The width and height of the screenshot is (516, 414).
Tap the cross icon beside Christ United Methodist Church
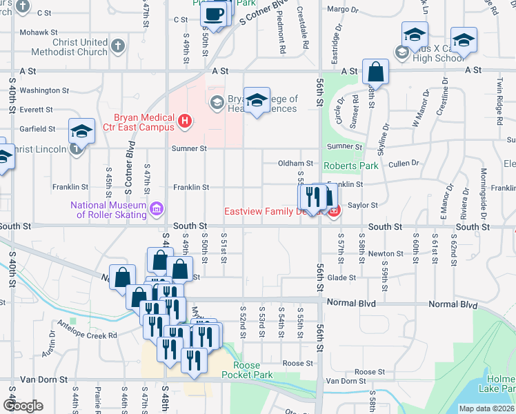pos(118,46)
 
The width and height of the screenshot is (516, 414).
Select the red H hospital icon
pos(184,122)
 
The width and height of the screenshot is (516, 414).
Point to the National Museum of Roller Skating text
pos(109,209)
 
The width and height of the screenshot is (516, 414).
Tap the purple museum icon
pos(157,207)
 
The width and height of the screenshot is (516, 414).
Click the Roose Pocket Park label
pos(247,370)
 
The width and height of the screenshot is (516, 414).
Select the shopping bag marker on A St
pos(375,71)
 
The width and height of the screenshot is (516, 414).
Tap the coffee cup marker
pos(215,14)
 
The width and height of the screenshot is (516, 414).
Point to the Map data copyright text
pos(487,408)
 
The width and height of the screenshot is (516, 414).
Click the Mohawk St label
pos(38,32)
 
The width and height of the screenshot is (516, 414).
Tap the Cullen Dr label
pos(404,163)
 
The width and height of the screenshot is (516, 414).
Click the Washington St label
pos(44,90)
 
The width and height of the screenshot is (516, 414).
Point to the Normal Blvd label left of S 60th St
pos(352,304)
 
